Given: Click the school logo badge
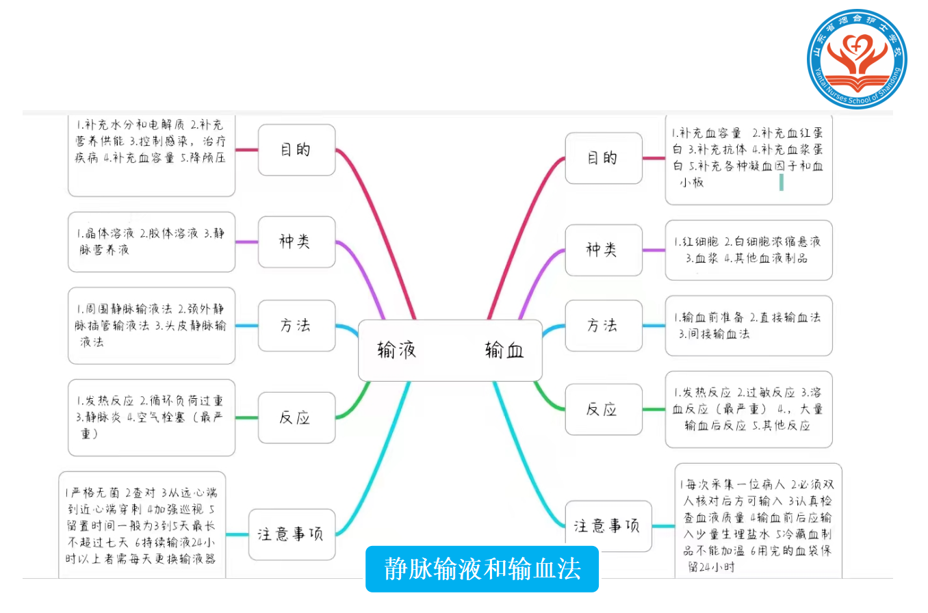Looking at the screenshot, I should point(856,58).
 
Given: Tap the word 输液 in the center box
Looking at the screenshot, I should point(397,351).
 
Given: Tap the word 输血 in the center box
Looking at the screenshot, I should point(504,351).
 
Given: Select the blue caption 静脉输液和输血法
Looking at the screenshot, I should point(482,569).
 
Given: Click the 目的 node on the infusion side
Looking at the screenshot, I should point(296,150).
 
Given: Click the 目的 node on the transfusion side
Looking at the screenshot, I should point(603,158).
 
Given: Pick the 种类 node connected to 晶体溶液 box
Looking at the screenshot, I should point(296,242).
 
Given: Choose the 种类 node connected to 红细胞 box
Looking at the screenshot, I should point(603,250).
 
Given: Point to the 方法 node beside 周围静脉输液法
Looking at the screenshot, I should point(296,325).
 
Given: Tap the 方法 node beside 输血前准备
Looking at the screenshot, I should point(603,325).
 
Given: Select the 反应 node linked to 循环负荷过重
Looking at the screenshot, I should point(296,417).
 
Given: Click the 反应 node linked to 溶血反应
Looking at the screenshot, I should point(603,409).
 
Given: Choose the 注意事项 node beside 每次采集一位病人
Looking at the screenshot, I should point(608,526).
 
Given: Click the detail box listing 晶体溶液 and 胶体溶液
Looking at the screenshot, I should point(151,242).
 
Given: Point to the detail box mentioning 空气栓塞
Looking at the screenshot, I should point(151,417).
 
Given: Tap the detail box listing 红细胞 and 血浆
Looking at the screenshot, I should point(748,250).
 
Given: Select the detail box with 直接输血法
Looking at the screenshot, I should point(748,325).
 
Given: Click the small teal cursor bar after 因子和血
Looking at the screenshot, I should point(782,182).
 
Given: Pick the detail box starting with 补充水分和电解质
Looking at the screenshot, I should point(151,155).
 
